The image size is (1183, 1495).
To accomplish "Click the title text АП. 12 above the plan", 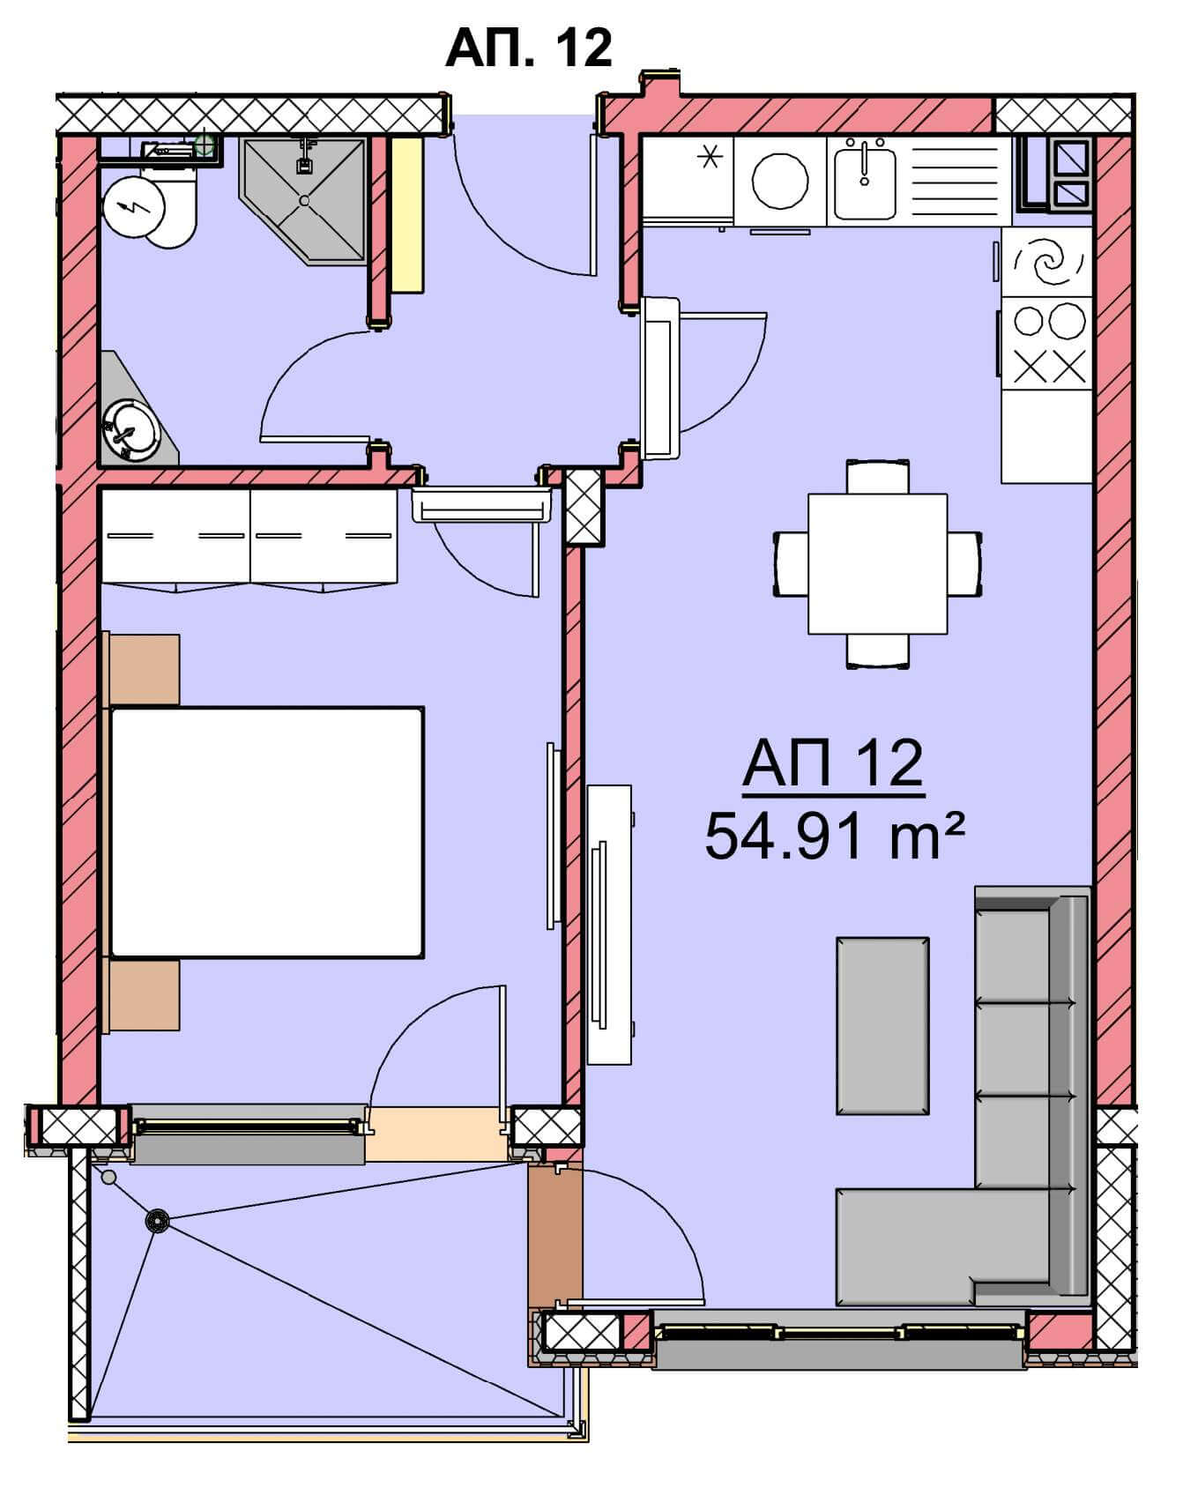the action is coord(528,48).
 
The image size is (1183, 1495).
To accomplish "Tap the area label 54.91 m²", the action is coord(834,836).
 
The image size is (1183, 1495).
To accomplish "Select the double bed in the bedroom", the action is coord(266,831).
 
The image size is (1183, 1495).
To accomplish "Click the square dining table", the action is coord(877,563).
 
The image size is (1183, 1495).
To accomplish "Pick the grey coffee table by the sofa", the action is coord(882,1026).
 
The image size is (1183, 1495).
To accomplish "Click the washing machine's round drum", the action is coord(780,181).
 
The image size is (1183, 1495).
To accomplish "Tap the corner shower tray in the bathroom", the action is coord(303,200).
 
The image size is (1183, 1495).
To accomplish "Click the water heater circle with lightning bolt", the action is coord(134,208).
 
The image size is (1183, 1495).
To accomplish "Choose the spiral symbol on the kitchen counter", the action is coord(1048,263).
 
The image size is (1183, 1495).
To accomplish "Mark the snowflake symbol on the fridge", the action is coord(710,158).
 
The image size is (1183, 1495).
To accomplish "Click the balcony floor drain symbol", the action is coord(158,1221).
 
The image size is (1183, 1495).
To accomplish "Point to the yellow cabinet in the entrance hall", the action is coord(407,215).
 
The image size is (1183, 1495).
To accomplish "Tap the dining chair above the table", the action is coord(877,476).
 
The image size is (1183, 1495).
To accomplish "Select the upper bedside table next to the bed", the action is coord(145,670).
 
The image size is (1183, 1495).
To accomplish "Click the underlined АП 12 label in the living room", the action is coord(833,763).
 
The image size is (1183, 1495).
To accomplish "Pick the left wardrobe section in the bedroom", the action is coord(176,539).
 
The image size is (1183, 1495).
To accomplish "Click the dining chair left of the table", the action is coord(792,563).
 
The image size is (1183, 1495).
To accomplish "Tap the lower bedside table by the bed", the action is coord(145,994).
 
